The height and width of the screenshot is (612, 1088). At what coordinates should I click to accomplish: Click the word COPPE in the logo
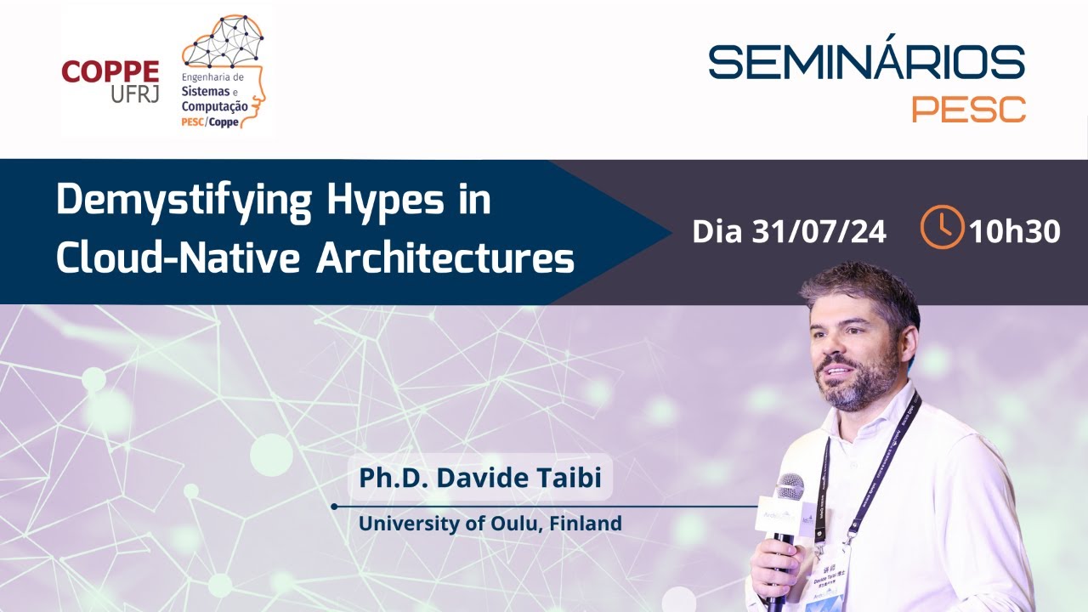coord(110,71)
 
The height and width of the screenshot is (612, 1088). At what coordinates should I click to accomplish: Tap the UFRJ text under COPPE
coord(134,94)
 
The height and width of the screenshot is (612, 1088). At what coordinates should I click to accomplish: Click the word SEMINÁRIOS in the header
coord(866,62)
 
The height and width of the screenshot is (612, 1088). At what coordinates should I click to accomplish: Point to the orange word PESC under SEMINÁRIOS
coord(968,109)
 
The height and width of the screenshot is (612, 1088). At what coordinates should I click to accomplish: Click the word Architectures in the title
coord(445,257)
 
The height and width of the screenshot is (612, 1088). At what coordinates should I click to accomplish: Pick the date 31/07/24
coord(820,231)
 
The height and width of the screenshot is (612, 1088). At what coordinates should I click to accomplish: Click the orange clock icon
coord(942,227)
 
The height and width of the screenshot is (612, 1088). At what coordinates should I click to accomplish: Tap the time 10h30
coord(1014,231)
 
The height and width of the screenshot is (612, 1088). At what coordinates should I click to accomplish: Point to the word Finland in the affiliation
coord(586,523)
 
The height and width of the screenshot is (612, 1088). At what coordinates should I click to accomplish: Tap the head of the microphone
coord(789,489)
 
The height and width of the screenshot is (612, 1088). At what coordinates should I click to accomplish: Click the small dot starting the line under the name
coord(334,507)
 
